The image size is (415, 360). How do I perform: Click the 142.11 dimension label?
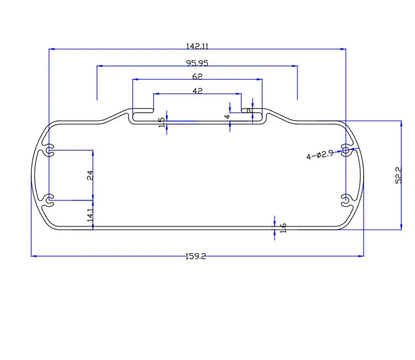point(197,46)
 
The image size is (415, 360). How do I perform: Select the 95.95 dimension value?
point(197,63)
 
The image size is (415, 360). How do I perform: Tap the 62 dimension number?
point(198,76)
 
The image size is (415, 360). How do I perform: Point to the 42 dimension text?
point(198,91)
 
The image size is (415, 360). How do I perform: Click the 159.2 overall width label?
point(195,256)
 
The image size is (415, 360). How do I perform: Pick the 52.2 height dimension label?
point(398,175)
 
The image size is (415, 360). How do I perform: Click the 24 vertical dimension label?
point(90,175)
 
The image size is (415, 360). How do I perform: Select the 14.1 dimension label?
point(90,215)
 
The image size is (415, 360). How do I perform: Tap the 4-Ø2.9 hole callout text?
point(320,155)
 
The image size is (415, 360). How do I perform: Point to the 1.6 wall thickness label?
point(283,228)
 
